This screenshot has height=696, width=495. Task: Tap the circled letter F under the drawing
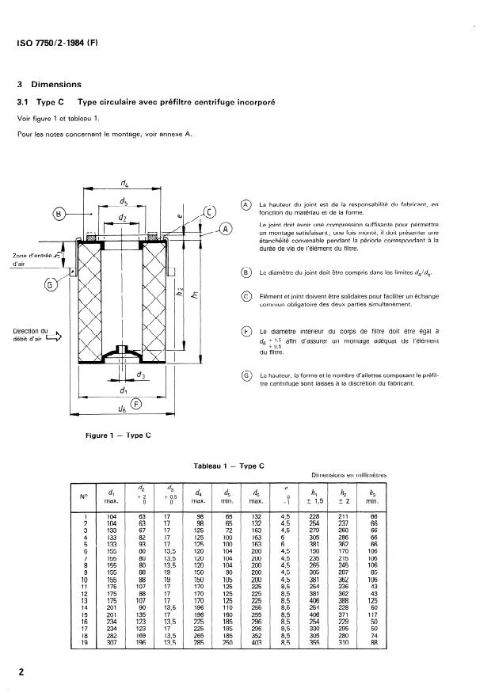[x=136, y=404]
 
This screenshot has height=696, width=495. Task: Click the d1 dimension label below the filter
[x=124, y=390]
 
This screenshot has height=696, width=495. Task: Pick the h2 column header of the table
[x=343, y=496]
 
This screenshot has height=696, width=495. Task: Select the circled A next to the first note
[x=246, y=204]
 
